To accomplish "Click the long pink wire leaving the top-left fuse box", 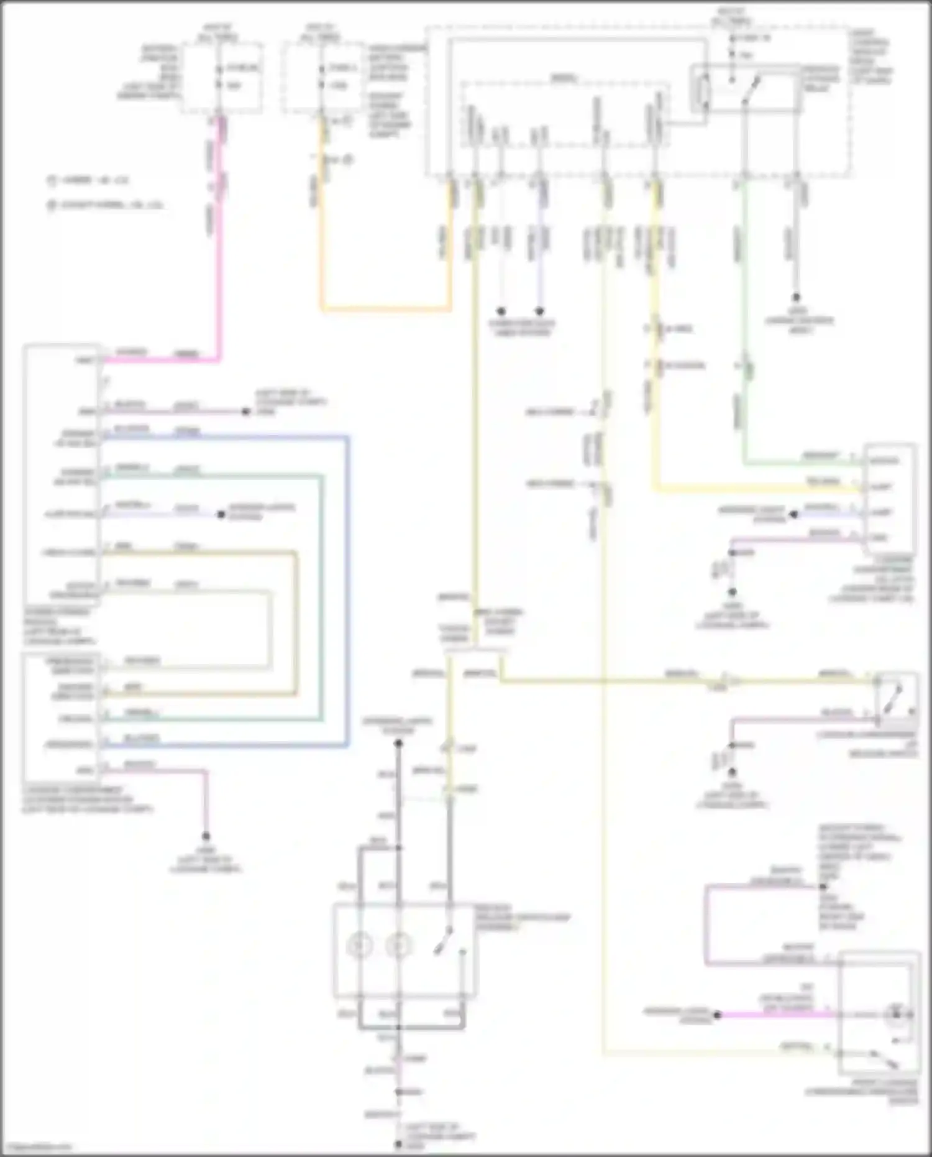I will (x=219, y=261).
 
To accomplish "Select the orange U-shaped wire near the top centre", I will (x=385, y=308).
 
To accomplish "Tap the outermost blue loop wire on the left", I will (x=347, y=591).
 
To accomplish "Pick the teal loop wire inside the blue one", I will (x=322, y=597).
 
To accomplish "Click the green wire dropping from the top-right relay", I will (x=744, y=311).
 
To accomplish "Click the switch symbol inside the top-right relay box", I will (x=751, y=91).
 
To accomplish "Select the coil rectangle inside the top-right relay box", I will (x=704, y=93).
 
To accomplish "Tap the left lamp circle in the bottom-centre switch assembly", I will (x=360, y=946).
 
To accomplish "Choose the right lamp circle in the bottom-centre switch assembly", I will (x=398, y=946).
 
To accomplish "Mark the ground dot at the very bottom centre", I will (x=398, y=1144).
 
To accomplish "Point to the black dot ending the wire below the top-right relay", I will (x=795, y=298).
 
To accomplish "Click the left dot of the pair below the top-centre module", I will (x=501, y=311).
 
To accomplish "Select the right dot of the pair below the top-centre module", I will (x=540, y=311).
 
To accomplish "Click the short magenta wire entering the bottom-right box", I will (x=777, y=1015).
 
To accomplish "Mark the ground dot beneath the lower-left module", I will (x=206, y=836).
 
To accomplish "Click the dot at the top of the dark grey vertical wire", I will (x=398, y=743).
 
